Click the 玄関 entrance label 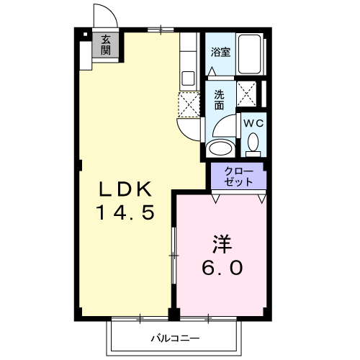[x=106, y=45]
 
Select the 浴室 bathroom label [x=220, y=52]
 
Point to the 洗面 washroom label [x=220, y=99]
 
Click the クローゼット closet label [x=238, y=176]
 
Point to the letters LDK [x=125, y=190]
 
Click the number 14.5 [x=125, y=213]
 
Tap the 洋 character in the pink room [x=221, y=244]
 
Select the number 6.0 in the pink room [x=221, y=268]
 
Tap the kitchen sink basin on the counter [x=189, y=77]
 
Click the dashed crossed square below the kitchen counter [x=189, y=104]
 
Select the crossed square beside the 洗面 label [x=249, y=94]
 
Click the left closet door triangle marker [x=216, y=196]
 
